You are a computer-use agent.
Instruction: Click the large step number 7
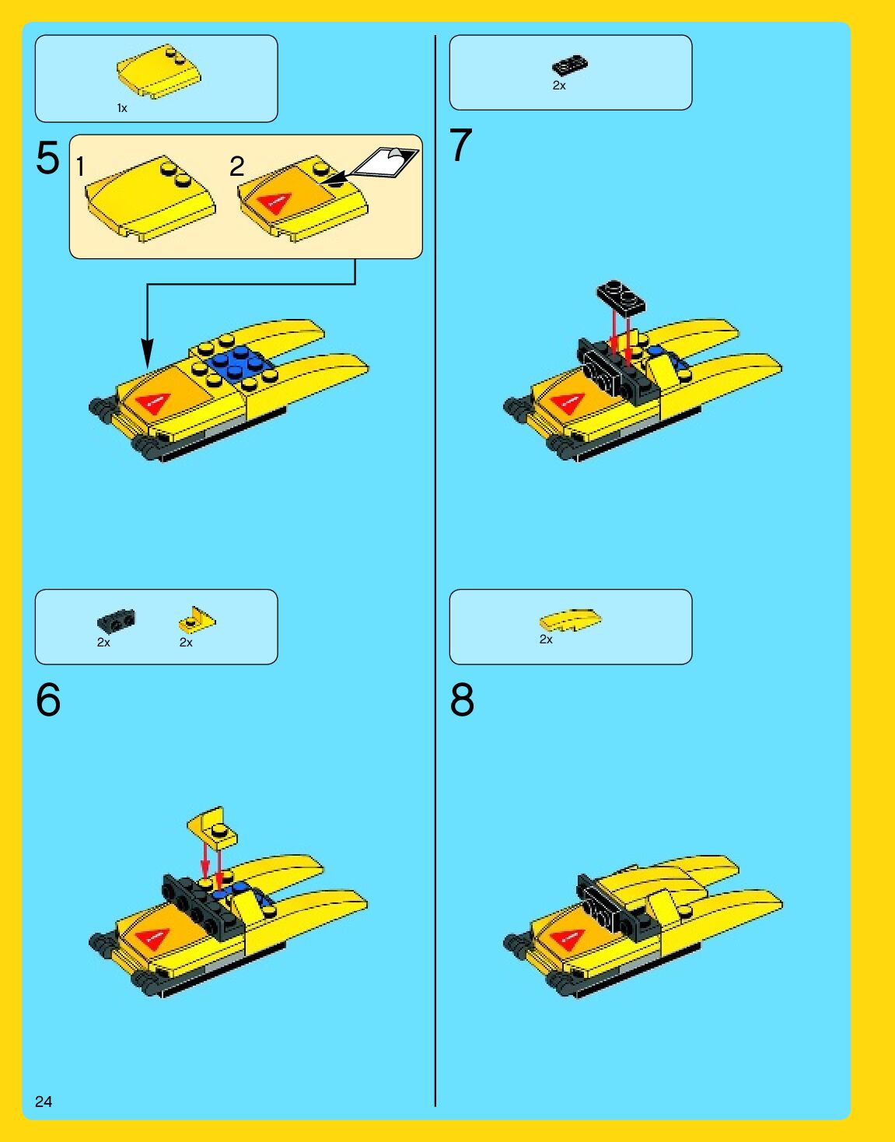click(460, 145)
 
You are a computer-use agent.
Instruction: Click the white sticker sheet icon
click(385, 162)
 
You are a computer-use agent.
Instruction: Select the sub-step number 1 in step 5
click(80, 166)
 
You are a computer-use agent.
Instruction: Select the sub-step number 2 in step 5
click(237, 166)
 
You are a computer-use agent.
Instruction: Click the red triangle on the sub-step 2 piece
click(273, 201)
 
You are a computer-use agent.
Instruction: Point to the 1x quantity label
click(122, 108)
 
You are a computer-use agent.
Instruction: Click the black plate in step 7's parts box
click(570, 65)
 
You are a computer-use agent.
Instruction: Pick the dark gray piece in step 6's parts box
click(116, 620)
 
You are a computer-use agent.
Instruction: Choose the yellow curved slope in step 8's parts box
click(571, 619)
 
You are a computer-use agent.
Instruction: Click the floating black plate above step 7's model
click(621, 298)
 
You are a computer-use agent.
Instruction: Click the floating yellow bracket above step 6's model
click(212, 827)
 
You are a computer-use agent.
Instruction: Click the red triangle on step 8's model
click(567, 938)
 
